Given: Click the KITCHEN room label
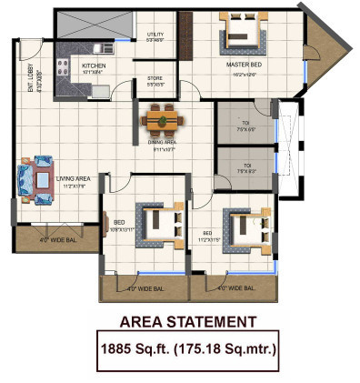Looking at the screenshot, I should point(95,66).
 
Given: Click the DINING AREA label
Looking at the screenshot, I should point(162,142).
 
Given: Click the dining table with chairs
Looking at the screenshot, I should point(161,117).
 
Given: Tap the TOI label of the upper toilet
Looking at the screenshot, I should point(244,122).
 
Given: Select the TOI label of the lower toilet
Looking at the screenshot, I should point(244,166).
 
